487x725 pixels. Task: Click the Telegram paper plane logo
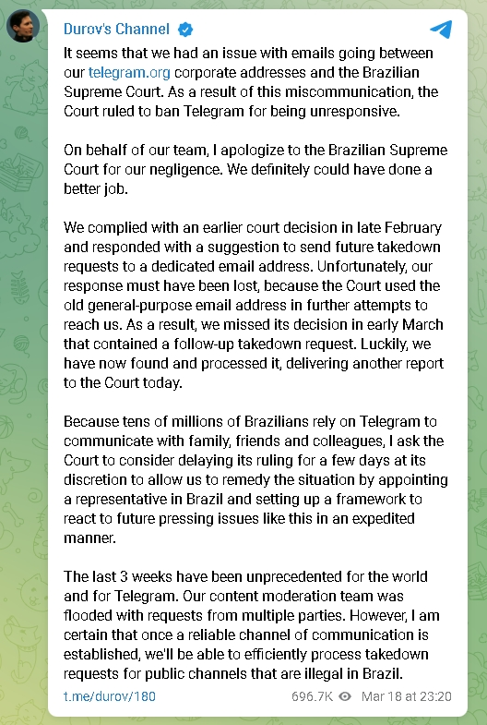click(x=441, y=30)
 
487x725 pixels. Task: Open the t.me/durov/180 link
click(x=110, y=695)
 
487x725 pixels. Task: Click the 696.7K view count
click(x=311, y=695)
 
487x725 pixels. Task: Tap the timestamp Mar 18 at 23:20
click(x=407, y=695)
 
